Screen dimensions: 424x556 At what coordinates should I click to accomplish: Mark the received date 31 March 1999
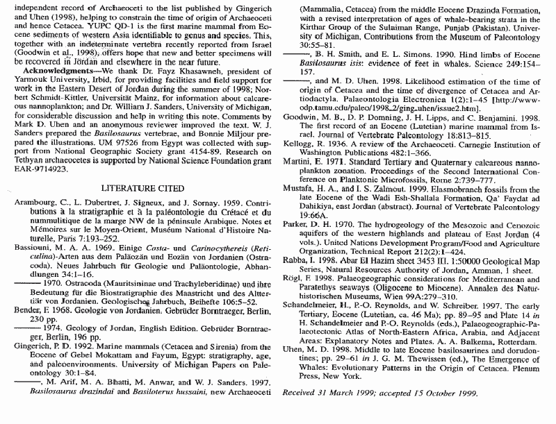click(x=351, y=393)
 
